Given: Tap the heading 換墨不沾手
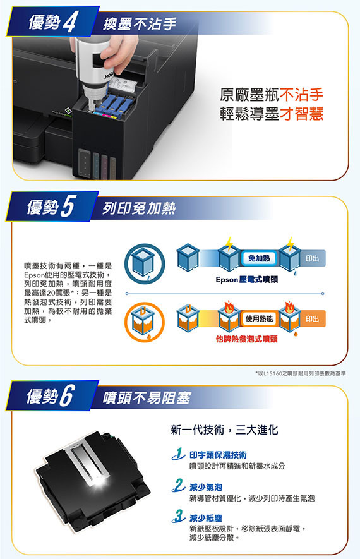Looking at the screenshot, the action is tap(140, 24).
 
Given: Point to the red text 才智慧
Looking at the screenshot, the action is tap(301, 114).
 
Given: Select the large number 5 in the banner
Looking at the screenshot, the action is tap(68, 206).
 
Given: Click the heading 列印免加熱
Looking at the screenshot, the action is tap(139, 208).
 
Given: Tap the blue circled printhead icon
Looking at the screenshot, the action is tap(145, 263).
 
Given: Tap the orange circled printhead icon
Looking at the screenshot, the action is tap(145, 322).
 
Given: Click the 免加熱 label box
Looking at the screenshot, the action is tap(259, 258).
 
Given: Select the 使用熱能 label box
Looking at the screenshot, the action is tap(259, 318).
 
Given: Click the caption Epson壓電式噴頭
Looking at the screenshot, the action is tap(247, 279).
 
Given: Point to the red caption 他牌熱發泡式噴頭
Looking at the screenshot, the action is tap(247, 339).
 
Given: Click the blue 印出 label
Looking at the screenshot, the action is tap(312, 258).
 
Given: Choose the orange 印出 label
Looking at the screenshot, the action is tap(312, 319).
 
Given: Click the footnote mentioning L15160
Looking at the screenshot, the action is tap(301, 373).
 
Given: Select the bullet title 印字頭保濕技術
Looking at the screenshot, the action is tap(218, 455).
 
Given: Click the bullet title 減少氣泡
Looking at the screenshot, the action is tap(206, 487).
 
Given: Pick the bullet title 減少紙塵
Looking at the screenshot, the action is tap(206, 519).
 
